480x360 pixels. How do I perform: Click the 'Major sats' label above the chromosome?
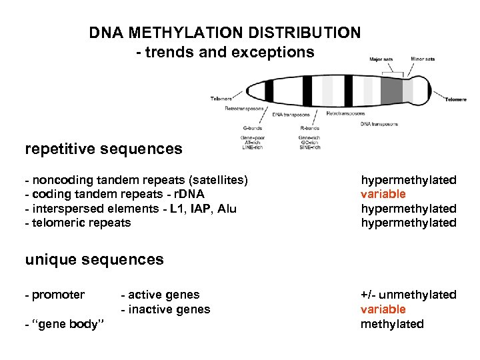(381, 59)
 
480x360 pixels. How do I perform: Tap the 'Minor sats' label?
(423, 59)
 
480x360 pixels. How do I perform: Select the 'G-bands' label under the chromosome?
(252, 128)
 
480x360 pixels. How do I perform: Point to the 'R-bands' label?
(310, 128)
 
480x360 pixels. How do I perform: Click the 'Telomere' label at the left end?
(222, 99)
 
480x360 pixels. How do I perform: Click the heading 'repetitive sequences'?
(103, 149)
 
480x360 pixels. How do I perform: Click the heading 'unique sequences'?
(94, 259)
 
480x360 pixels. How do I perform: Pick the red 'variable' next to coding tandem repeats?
(383, 194)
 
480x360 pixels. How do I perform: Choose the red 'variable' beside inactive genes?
(383, 309)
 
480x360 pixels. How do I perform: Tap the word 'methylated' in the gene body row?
(392, 324)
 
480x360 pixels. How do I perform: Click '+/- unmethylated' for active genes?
(408, 295)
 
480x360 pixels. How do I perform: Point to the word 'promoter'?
(57, 295)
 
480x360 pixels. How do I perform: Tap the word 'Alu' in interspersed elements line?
(227, 209)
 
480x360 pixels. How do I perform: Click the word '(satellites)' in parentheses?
(217, 179)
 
